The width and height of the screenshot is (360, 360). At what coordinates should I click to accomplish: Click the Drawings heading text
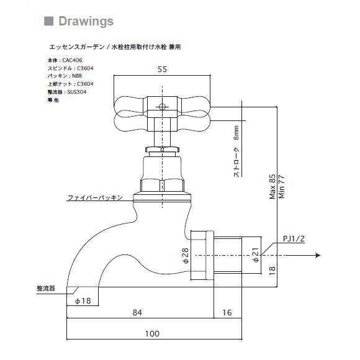[86, 22]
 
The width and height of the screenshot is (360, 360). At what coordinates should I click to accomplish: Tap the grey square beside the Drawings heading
[48, 21]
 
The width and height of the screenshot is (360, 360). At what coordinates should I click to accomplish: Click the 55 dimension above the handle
[162, 70]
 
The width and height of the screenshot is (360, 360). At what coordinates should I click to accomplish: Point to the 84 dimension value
[137, 312]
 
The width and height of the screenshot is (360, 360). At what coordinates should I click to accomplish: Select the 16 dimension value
[227, 312]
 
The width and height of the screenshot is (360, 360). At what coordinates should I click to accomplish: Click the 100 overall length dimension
[152, 333]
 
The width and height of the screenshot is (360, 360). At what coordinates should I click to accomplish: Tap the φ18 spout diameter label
[83, 300]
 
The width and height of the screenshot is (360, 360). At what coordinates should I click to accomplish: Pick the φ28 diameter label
[185, 256]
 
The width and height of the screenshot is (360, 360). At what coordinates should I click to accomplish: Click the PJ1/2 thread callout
[294, 239]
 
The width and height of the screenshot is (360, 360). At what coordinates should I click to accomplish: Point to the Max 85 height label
[272, 186]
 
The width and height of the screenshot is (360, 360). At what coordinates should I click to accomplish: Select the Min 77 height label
[281, 186]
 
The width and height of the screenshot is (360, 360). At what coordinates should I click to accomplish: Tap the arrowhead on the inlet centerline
[318, 255]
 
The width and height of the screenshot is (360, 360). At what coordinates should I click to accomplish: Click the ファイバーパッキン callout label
[95, 197]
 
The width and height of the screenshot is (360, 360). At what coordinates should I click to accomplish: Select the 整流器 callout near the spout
[46, 289]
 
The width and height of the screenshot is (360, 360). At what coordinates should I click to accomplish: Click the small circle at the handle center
[162, 107]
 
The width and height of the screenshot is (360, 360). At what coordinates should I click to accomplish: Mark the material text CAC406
[72, 60]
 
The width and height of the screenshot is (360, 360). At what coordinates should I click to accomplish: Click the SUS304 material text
[77, 92]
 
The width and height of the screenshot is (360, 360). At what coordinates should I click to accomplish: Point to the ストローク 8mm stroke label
[236, 151]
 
